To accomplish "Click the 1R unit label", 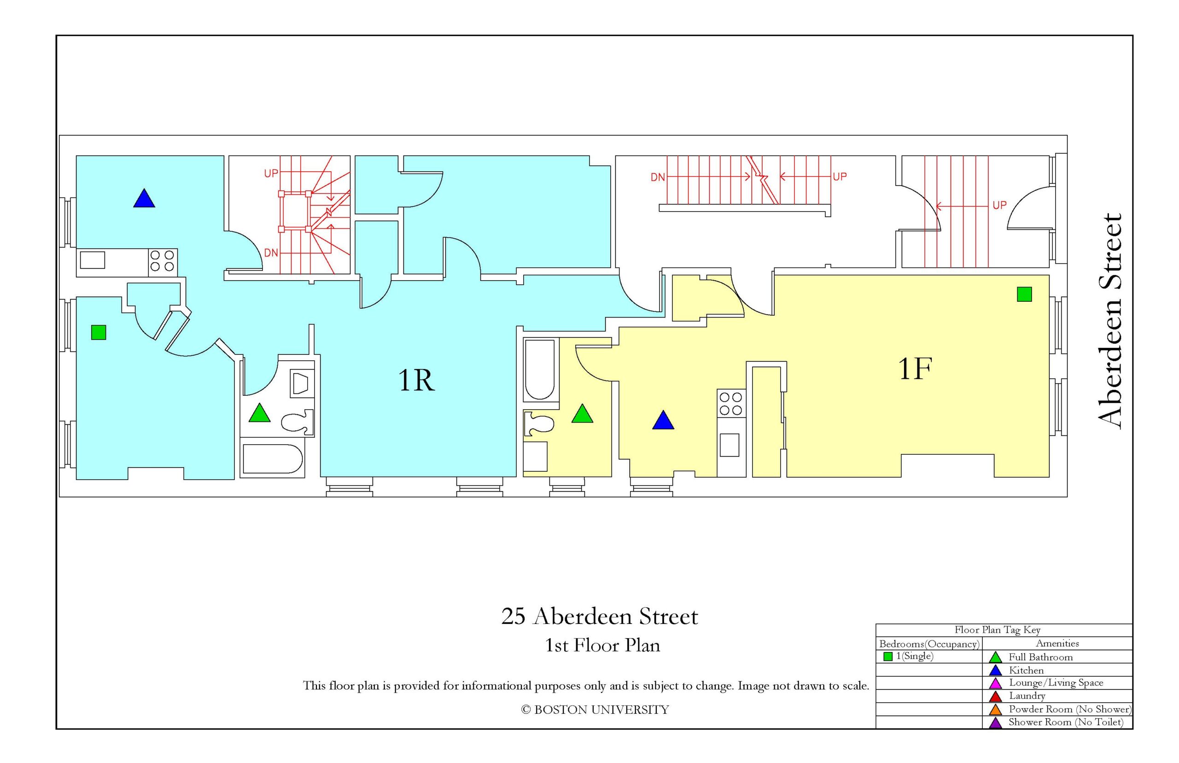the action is tap(416, 381).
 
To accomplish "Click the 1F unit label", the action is tap(915, 369).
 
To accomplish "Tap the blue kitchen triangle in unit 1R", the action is tap(144, 198).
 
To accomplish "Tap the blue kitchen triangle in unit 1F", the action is tap(663, 420).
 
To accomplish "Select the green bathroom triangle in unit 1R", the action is tap(259, 413).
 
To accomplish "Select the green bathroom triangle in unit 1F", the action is tap(582, 414).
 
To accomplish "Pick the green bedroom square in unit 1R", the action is tap(99, 333).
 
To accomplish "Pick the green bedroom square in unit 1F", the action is tap(1024, 294).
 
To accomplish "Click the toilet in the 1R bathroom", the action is tap(298, 422).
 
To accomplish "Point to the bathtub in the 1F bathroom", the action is tap(540, 370).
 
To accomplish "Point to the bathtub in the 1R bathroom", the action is tap(272, 459).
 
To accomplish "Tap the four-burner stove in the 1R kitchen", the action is tap(163, 261).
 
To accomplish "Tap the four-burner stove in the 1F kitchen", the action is tap(731, 403).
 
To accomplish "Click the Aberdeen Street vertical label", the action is tap(1109, 322).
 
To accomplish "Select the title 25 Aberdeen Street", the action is tap(600, 616).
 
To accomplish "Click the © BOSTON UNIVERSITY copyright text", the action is tap(595, 710).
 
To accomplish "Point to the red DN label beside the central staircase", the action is tap(658, 177).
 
